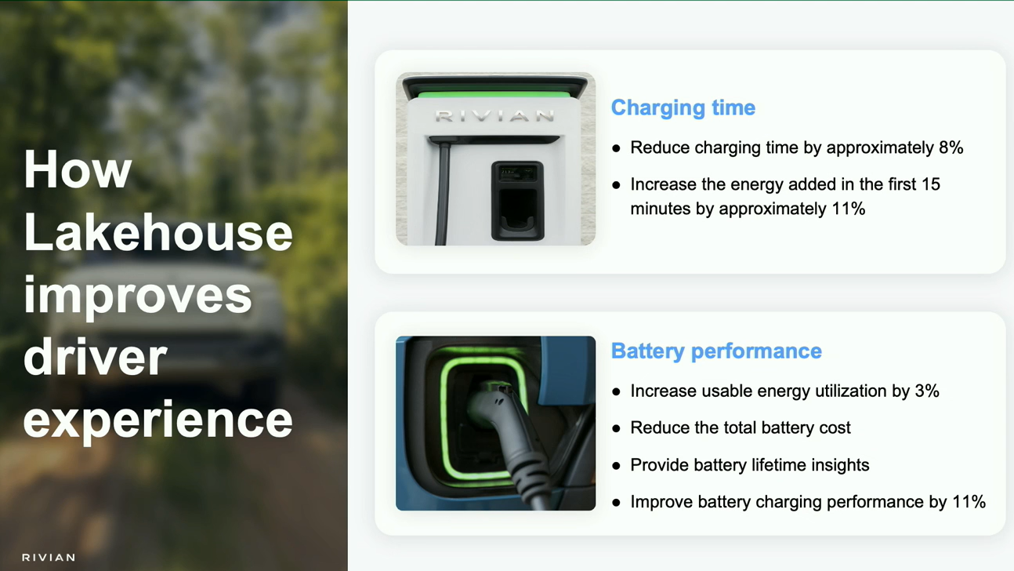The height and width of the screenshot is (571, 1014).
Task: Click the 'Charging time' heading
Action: coord(683,108)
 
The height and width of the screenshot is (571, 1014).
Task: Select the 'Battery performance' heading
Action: coord(716,351)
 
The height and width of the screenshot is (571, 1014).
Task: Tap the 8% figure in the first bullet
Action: coord(951,147)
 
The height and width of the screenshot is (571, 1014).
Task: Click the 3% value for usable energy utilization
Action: coord(927,391)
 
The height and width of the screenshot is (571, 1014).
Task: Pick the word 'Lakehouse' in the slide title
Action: coord(158,232)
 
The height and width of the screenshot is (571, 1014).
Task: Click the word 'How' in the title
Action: coord(78,169)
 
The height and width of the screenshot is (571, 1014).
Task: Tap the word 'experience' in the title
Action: coord(158,421)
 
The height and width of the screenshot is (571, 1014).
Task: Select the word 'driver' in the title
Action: coord(96,357)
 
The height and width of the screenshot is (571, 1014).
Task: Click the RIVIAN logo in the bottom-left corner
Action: coord(49,558)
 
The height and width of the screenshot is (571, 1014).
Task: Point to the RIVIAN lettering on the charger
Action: coord(494,116)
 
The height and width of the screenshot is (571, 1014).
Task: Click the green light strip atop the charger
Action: coord(494,95)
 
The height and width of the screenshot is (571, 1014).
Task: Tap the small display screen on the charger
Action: coord(517,173)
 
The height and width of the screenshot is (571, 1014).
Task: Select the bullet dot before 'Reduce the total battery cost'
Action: coord(616,428)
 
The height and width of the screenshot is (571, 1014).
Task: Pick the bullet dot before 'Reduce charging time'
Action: coord(616,148)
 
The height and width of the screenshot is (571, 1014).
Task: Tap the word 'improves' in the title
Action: coord(138,296)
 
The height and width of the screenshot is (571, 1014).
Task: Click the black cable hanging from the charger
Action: coord(442,195)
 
